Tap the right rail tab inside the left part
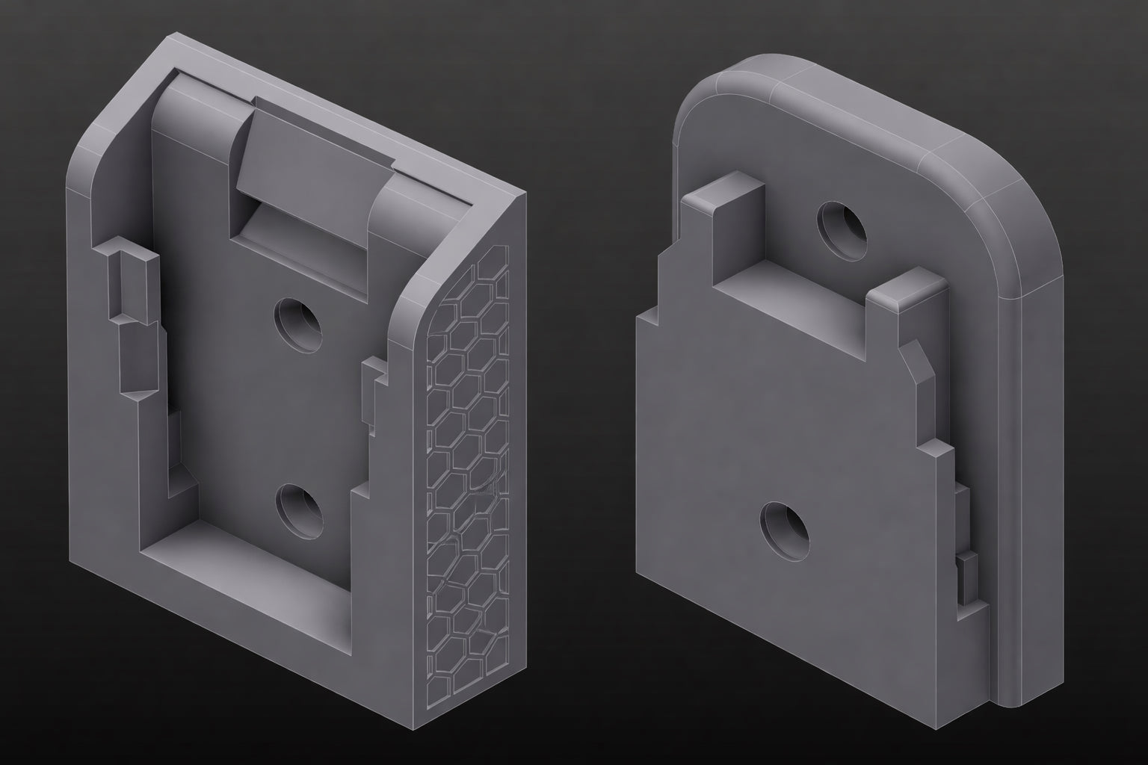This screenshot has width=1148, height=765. (374, 392)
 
